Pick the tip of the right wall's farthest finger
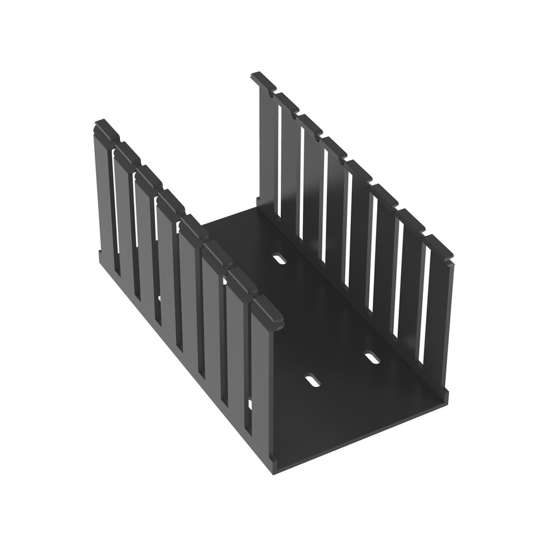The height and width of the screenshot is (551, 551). coord(263,80)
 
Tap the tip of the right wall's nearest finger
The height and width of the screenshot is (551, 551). coord(439,246)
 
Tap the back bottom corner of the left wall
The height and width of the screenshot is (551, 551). coord(98,252)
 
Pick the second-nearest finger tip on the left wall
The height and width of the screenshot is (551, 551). coord(243,285)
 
